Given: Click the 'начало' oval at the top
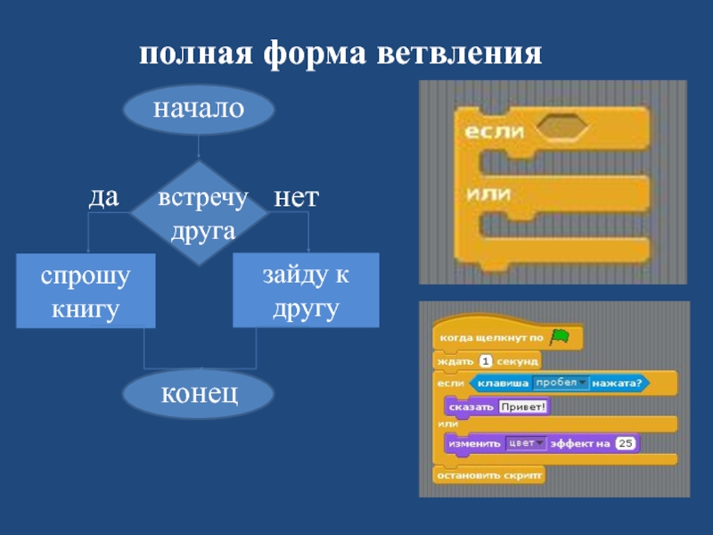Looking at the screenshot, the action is point(198,109).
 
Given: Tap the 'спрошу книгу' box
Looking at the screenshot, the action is point(86,291).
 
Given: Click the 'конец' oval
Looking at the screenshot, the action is point(199,393).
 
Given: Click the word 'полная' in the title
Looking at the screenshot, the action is point(196,55).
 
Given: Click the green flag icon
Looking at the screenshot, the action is point(560,337).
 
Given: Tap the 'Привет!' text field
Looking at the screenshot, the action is point(523,407).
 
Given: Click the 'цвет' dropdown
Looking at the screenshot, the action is point(526,442).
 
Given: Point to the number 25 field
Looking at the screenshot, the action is point(625,442).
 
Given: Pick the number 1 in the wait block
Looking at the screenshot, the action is point(486,361).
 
